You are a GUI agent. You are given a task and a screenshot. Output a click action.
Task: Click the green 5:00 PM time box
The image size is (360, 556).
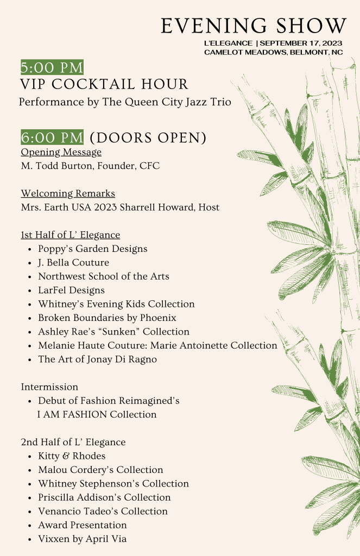tap(52, 67)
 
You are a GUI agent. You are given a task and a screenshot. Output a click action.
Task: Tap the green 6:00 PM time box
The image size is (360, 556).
tap(52, 137)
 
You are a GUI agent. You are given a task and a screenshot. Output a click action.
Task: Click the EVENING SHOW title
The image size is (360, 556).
tap(253, 26)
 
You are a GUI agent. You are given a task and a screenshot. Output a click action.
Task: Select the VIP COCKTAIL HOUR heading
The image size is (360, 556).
tap(104, 84)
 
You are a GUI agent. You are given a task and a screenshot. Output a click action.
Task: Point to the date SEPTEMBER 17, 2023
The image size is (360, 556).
tap(301, 43)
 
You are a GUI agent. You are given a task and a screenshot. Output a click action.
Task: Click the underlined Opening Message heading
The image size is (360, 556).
tap(61, 152)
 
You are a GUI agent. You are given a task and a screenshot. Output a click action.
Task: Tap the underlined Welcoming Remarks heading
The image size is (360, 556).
tap(68, 193)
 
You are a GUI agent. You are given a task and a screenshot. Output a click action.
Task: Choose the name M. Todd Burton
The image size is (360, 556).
tap(57, 166)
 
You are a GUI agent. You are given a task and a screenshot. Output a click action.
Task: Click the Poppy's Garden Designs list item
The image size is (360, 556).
tap(92, 249)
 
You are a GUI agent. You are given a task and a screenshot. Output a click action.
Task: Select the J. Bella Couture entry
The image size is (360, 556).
tap(73, 263)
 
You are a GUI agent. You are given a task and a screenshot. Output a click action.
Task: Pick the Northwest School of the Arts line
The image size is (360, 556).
tap(103, 276)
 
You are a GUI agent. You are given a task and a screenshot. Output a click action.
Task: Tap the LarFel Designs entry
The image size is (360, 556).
tap(71, 290)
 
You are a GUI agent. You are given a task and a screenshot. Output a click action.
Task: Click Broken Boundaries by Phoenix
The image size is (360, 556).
tap(107, 318)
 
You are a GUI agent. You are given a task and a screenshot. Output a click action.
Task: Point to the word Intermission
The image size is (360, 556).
tap(49, 387)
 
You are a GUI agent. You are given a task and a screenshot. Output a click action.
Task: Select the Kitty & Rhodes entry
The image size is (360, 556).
tap(72, 456)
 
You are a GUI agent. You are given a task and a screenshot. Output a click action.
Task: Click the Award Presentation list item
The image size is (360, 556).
tap(82, 525)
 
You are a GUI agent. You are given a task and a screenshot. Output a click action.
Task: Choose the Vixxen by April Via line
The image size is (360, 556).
tap(82, 539)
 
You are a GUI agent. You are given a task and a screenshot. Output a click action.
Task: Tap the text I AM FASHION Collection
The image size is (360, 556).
tap(97, 414)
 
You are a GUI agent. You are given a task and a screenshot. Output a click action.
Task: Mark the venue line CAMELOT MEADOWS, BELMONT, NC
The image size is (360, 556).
tap(273, 52)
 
